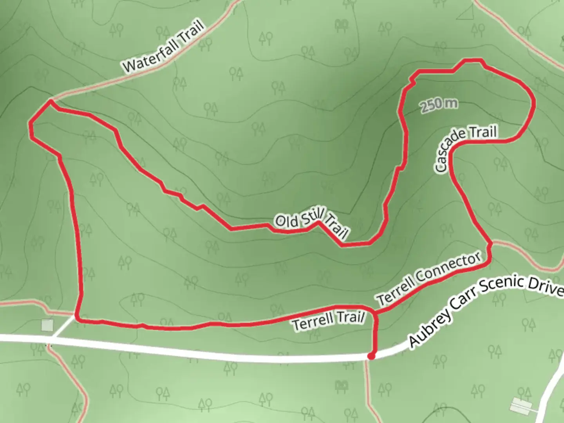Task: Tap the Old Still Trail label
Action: [311, 224]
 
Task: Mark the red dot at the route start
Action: [371, 356]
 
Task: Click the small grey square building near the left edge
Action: [47, 325]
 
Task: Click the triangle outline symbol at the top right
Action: [466, 13]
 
